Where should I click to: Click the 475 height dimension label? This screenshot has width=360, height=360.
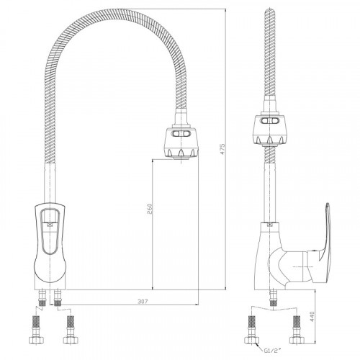click(x=222, y=149)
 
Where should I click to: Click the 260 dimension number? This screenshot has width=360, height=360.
click(x=149, y=209)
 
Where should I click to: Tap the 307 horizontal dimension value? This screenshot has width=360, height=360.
click(x=143, y=302)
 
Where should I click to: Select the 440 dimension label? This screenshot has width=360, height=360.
click(x=312, y=317)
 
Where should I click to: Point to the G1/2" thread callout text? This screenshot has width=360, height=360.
click(x=272, y=351)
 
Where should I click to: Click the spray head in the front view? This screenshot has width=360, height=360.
click(x=181, y=143)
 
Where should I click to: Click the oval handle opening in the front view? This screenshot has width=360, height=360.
click(x=50, y=232)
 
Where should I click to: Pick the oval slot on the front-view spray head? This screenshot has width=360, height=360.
click(x=181, y=134)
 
